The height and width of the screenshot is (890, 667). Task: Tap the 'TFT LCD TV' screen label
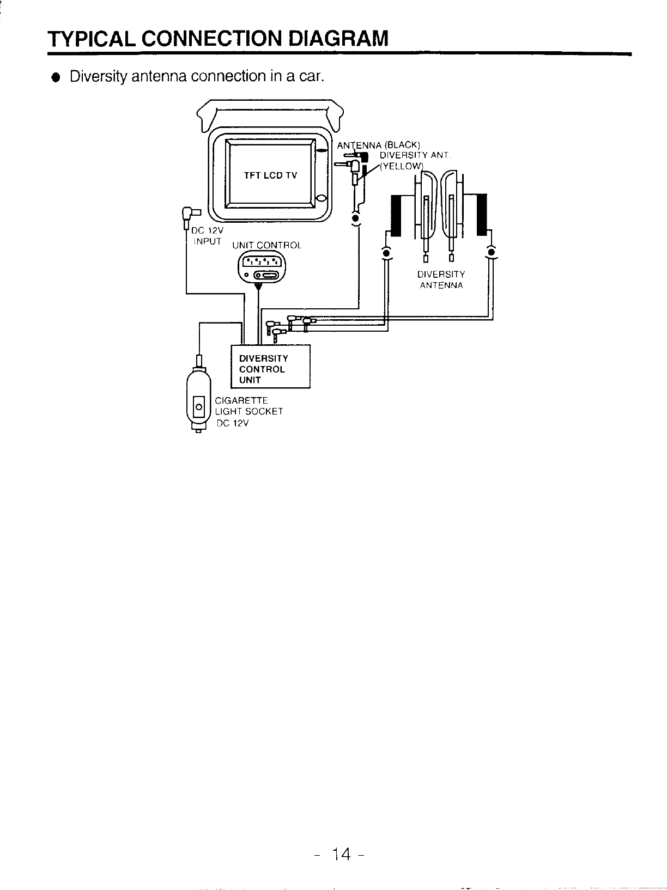pyautogui.click(x=270, y=175)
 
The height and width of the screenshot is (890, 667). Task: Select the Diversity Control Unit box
pyautogui.click(x=271, y=367)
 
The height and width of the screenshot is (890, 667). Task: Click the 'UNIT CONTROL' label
pyautogui.click(x=266, y=246)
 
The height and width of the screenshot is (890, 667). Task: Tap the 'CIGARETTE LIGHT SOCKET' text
pyautogui.click(x=249, y=406)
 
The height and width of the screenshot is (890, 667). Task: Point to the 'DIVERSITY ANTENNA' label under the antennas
pyautogui.click(x=441, y=279)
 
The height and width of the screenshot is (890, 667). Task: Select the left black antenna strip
pyautogui.click(x=395, y=216)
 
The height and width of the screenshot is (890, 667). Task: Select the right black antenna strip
pyautogui.click(x=481, y=215)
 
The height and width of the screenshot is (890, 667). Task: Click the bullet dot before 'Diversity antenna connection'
pyautogui.click(x=54, y=77)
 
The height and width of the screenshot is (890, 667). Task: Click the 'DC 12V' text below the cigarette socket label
pyautogui.click(x=232, y=423)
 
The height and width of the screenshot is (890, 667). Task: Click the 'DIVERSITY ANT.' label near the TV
pyautogui.click(x=414, y=156)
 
